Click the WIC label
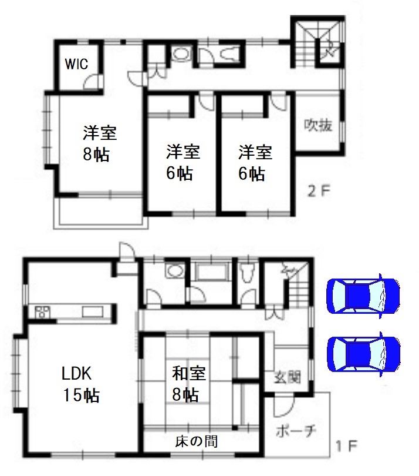tap(76, 64)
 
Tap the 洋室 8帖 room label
tap(99, 143)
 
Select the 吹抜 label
tap(318, 125)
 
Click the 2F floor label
tap(319, 191)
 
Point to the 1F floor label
tap(347, 445)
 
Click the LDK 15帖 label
tap(80, 384)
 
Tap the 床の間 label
tap(196, 441)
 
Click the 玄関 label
tap(288, 377)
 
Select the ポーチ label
tap(296, 431)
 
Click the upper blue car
tap(363, 296)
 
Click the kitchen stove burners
tap(42, 312)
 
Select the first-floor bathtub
tap(211, 271)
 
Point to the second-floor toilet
tap(229, 55)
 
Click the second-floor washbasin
tap(181, 55)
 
